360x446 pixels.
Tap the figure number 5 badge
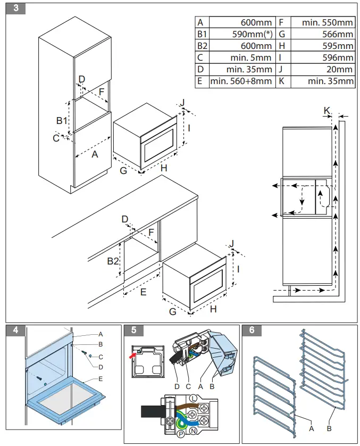click(133, 330)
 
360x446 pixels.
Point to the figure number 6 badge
click(252, 330)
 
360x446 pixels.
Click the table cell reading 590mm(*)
click(241, 34)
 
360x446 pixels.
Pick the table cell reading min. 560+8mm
click(241, 81)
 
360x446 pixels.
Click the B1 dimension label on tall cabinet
click(62, 121)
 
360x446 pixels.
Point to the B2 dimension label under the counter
click(112, 261)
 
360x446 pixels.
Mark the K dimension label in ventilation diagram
click(327, 110)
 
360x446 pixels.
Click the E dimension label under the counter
click(143, 292)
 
